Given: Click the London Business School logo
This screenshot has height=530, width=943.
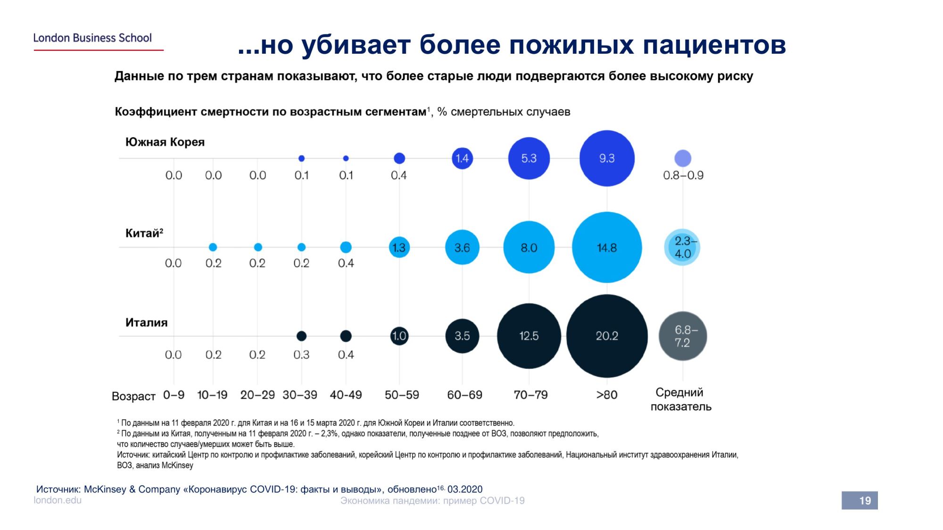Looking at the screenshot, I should pos(92,38).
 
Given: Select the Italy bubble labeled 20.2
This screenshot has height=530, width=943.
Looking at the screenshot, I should pos(607,336).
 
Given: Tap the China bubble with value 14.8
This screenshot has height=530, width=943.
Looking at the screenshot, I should pos(607,247).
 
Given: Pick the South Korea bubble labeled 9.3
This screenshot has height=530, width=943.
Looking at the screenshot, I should pos(607,158).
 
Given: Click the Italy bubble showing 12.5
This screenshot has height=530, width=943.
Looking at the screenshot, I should pos(529,336).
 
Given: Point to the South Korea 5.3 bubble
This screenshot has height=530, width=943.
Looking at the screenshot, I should pos(529,158).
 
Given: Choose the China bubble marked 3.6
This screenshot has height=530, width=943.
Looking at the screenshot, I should pos(462,247).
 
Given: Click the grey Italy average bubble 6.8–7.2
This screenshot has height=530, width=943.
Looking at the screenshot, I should pos(683,336).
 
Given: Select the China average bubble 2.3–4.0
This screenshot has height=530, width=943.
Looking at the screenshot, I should pos(682,247).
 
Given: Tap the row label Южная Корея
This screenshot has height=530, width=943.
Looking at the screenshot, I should pos(165,142).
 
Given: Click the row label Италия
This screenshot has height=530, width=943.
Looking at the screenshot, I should pos(146,323).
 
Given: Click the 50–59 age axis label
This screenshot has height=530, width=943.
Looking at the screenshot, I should pos(402,395).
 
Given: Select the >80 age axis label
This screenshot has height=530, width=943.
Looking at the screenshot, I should pos(607,395).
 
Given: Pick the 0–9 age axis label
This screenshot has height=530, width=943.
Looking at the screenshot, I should pos(174,395).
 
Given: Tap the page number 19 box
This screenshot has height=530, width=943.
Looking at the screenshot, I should pos(860,500).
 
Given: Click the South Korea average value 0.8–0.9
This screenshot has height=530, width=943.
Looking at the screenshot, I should pos(683,175).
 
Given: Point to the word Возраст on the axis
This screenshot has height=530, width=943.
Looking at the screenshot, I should pos(133,396).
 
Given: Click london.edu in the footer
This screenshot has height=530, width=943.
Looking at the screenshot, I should pos(58,500).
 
